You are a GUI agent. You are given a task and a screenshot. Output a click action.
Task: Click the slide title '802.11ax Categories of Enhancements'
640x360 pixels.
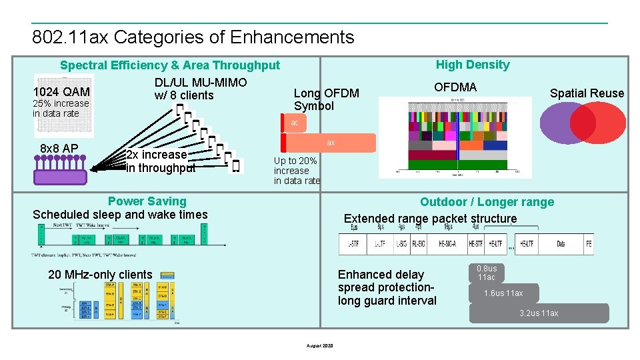coord(193,37)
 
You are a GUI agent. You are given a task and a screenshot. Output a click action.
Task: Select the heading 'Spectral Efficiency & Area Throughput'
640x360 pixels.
coord(170,65)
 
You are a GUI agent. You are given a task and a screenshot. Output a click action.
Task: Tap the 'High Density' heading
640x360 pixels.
coord(473,65)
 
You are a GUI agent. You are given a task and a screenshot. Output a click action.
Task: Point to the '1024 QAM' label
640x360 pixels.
coord(61,91)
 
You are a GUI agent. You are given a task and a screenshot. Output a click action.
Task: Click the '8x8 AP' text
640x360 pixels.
coord(59,148)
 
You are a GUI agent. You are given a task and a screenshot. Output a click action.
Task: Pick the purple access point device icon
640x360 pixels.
coord(61,171)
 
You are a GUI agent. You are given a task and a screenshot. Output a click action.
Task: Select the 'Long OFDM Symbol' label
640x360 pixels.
coord(327,99)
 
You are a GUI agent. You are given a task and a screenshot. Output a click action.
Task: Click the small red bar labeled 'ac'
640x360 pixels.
coord(294,123)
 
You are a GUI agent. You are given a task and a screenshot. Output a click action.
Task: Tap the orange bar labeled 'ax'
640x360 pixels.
coord(331,143)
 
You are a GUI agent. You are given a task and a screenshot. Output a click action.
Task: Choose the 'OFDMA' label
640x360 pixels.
coord(455,87)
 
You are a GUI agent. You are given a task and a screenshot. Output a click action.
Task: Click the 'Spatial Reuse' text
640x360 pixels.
coord(587,93)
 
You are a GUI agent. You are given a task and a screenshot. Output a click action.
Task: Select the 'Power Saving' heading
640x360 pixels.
coord(147,201)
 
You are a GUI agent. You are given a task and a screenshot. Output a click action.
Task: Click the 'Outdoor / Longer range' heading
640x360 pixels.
coord(487,202)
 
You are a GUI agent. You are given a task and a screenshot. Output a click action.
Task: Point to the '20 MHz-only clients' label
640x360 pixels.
coord(100,275)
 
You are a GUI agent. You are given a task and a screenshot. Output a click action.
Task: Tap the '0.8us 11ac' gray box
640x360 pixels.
coord(487,273)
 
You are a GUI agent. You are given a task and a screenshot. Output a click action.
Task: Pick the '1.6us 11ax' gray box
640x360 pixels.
coord(503,293)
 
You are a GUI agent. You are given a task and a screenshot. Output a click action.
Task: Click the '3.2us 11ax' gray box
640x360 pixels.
coord(539,313)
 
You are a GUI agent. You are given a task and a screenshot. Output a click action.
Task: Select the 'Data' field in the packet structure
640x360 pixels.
coord(561,245)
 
